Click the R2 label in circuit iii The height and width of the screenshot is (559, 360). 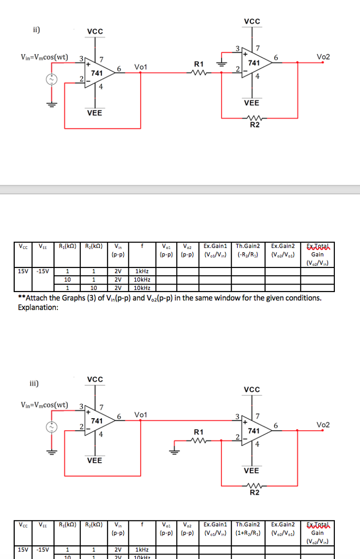(255, 493)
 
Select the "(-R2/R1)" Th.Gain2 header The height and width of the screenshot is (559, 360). (248, 254)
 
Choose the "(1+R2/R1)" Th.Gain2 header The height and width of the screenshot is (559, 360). (248, 533)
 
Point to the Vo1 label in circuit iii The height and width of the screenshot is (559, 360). (140, 415)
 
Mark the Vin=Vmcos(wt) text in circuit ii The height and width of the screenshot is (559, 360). (44, 57)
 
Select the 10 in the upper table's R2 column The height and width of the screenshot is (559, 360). (94, 288)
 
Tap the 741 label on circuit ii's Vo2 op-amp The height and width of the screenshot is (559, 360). (254, 63)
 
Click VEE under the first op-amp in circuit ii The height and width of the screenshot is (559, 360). (94, 113)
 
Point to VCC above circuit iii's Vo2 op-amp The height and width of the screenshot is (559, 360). (252, 389)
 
